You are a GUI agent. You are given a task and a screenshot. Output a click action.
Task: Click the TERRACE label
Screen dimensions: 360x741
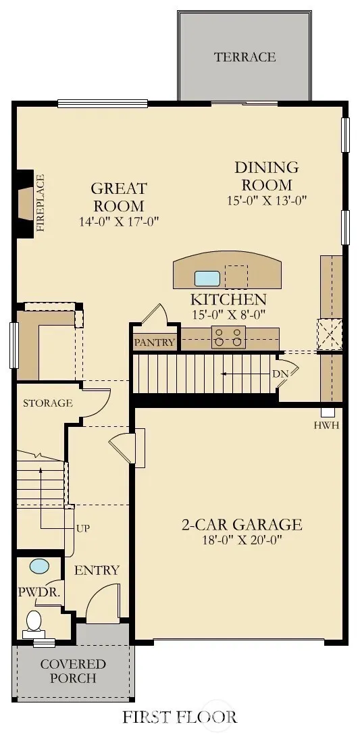(245, 57)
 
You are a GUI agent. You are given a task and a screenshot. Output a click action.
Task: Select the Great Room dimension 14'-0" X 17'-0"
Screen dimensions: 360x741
(119, 221)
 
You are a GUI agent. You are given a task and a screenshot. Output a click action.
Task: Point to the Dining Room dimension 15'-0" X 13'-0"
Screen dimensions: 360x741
(267, 200)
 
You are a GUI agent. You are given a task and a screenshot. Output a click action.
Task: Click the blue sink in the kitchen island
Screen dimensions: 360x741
(207, 278)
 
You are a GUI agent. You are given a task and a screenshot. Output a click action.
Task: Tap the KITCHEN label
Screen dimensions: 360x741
(228, 299)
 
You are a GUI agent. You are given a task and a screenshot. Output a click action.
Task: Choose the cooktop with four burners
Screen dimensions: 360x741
(229, 338)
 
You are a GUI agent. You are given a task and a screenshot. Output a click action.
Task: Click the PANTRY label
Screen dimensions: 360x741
(155, 342)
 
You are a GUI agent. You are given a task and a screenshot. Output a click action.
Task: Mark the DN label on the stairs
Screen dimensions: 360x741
(280, 374)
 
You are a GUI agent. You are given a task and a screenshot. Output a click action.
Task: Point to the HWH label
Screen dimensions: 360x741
(326, 426)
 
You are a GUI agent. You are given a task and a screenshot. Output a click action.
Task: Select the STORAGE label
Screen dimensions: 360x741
(48, 403)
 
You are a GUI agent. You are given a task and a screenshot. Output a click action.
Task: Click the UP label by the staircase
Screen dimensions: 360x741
(83, 528)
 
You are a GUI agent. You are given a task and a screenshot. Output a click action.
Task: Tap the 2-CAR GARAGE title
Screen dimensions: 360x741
(242, 525)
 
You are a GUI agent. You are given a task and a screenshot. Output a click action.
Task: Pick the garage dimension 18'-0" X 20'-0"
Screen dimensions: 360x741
(242, 540)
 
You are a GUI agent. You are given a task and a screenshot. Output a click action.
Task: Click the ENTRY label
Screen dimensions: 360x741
(97, 570)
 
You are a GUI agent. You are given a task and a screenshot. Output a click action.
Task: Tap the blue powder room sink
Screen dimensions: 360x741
(39, 566)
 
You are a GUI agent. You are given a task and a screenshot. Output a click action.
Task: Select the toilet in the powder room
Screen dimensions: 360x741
(34, 624)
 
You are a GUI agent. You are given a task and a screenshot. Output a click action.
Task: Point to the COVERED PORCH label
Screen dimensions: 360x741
(73, 671)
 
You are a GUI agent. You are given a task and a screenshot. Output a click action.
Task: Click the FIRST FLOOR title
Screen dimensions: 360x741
(180, 717)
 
